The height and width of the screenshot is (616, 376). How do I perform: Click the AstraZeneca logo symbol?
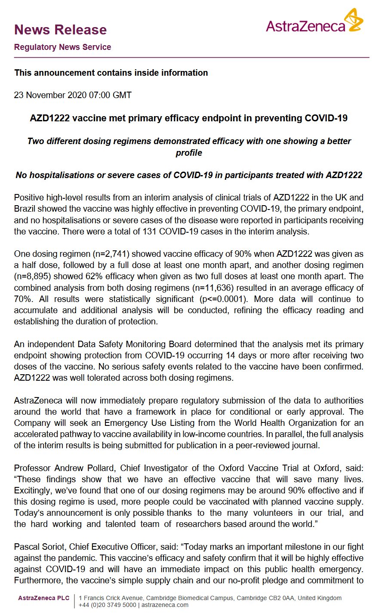(355, 21)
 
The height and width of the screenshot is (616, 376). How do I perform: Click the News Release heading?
(60, 30)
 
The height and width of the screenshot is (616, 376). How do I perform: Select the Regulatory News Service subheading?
(62, 47)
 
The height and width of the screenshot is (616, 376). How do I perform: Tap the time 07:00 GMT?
(110, 95)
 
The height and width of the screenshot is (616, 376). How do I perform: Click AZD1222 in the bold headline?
(50, 118)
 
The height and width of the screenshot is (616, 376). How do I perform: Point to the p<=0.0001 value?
(219, 299)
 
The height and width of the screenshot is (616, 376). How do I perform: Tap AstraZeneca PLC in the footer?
(43, 598)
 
